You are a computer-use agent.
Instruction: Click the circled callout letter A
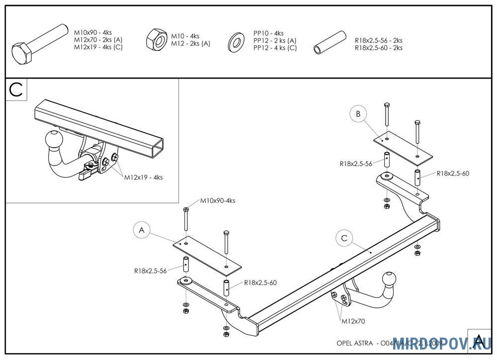[142, 230]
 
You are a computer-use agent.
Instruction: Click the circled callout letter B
[358, 114]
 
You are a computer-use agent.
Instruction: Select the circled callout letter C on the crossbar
[344, 238]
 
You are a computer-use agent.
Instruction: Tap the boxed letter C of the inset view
[16, 90]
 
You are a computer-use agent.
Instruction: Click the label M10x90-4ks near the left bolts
[218, 201]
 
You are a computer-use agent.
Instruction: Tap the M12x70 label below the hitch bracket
[353, 321]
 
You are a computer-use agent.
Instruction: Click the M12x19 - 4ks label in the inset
[143, 177]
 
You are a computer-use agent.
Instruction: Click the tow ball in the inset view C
[54, 139]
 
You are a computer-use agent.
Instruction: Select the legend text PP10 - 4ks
[268, 33]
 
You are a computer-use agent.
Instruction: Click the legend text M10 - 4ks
[185, 36]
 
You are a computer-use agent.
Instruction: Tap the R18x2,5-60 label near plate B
[453, 174]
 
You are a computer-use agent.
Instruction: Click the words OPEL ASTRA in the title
[354, 343]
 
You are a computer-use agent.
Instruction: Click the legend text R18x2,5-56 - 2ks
[379, 41]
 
